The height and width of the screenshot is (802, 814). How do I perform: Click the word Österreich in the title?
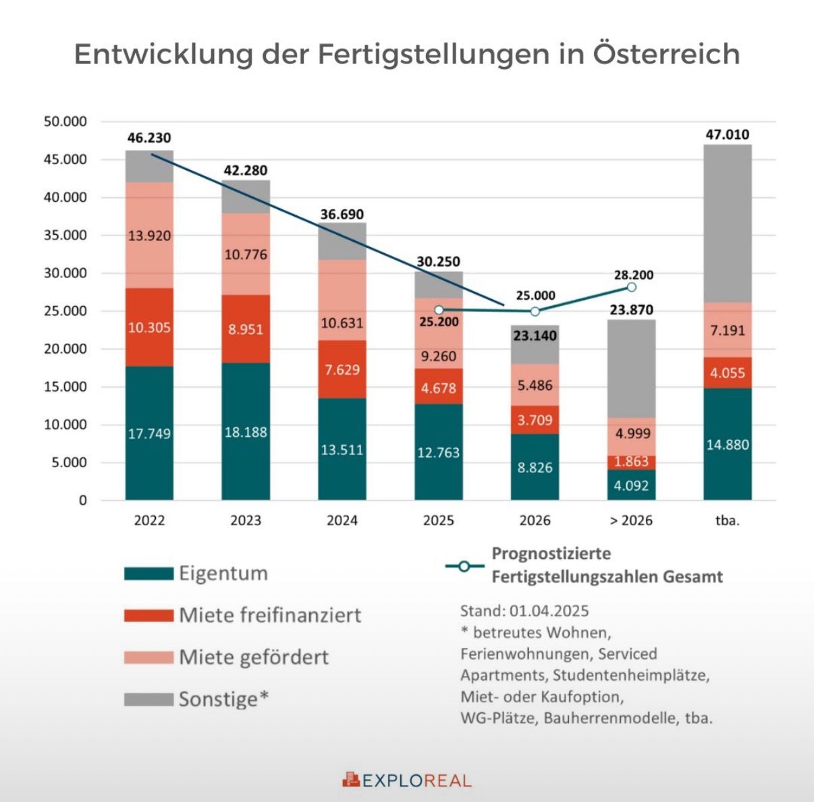pyautogui.click(x=666, y=54)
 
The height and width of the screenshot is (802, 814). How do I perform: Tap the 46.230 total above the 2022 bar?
pyautogui.click(x=149, y=138)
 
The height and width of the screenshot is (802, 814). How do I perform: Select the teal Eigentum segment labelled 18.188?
pyautogui.click(x=246, y=432)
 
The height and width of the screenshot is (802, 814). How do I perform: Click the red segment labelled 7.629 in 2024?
pyautogui.click(x=342, y=369)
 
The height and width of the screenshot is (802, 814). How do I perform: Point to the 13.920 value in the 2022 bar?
pyautogui.click(x=149, y=236)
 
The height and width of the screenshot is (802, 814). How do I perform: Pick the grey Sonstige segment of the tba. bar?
pyautogui.click(x=728, y=223)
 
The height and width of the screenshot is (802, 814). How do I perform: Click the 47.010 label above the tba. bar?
pyautogui.click(x=728, y=134)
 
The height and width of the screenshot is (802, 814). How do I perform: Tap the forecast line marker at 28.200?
pyautogui.click(x=631, y=287)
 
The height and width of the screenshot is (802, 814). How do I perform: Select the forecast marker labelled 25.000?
pyautogui.click(x=535, y=311)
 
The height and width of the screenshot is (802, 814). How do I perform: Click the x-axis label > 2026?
pyautogui.click(x=631, y=520)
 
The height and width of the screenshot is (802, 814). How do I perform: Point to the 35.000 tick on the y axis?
pyautogui.click(x=65, y=236)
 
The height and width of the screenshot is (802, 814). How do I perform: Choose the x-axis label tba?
pyautogui.click(x=728, y=520)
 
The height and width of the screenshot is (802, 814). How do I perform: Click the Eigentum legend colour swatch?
pyautogui.click(x=148, y=574)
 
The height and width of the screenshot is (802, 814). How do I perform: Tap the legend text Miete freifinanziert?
pyautogui.click(x=270, y=615)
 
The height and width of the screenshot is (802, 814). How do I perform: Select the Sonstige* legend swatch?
pyautogui.click(x=148, y=699)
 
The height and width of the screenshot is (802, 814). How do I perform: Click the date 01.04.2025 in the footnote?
pyautogui.click(x=549, y=611)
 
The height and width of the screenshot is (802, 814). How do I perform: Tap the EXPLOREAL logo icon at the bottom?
pyautogui.click(x=351, y=780)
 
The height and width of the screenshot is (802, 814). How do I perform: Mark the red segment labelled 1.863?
pyautogui.click(x=631, y=462)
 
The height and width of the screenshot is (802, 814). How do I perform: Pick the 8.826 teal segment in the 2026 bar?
pyautogui.click(x=535, y=467)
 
